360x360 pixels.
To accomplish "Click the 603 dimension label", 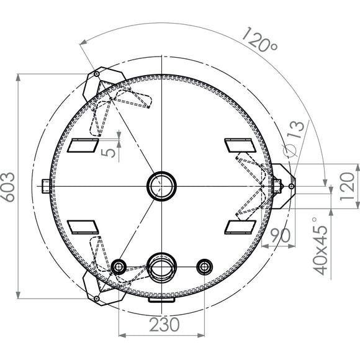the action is (x=9, y=187).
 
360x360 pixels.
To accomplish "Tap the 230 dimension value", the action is (x=164, y=325).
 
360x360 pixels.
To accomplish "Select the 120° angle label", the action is (x=259, y=40).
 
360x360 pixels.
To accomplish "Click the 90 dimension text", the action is (x=280, y=235).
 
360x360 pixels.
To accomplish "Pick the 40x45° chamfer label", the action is (x=321, y=246).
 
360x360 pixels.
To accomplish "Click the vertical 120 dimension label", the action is (x=347, y=187).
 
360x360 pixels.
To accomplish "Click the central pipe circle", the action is (x=161, y=186).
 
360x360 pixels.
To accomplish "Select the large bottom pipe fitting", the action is (x=161, y=268).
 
